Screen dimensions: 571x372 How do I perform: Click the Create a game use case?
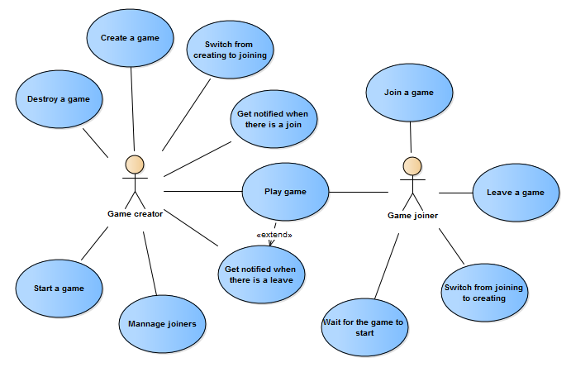click(x=130, y=38)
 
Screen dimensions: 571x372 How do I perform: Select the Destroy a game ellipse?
click(x=59, y=99)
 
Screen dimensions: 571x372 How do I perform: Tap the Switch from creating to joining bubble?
click(x=231, y=50)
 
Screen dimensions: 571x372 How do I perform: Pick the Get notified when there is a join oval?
click(x=274, y=119)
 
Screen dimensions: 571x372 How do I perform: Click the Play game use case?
click(x=286, y=192)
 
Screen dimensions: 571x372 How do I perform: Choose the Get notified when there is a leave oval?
click(x=261, y=274)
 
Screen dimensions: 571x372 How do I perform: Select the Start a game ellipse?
click(x=59, y=289)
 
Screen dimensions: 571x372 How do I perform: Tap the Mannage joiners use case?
click(x=163, y=324)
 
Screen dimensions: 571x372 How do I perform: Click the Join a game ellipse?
click(x=409, y=93)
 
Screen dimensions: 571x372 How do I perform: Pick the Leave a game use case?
click(x=516, y=193)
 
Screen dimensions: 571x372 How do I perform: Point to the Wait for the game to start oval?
click(x=365, y=327)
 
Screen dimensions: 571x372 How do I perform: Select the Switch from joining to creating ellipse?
click(x=484, y=293)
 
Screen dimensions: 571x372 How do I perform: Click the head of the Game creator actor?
click(x=135, y=165)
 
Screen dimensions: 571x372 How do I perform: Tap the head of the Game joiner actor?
click(x=412, y=166)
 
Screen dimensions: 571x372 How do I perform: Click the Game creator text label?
click(x=135, y=214)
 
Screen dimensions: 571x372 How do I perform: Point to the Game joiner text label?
click(x=412, y=215)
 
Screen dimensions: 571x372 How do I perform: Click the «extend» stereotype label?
click(x=274, y=235)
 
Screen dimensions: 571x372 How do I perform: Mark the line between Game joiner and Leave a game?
click(x=456, y=193)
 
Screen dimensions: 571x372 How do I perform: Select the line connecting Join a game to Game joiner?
click(x=411, y=137)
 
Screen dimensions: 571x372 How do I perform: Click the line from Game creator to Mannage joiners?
click(x=150, y=264)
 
